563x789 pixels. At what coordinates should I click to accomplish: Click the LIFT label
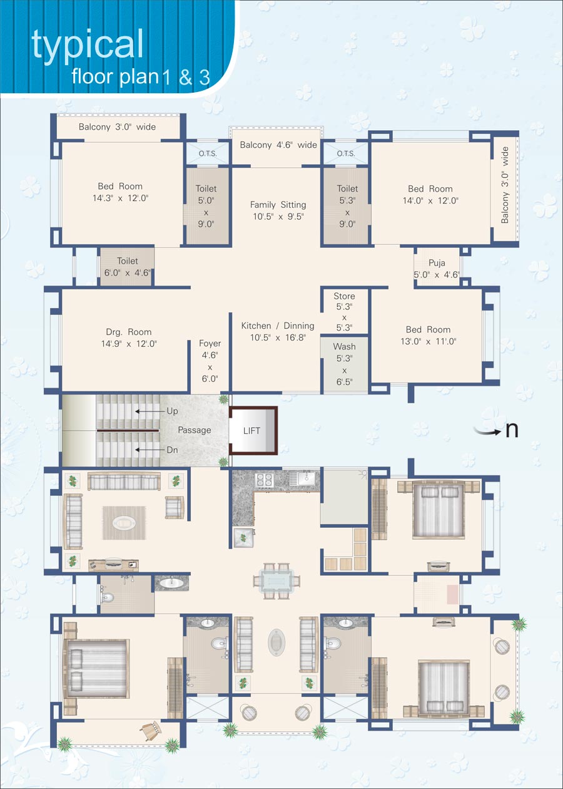251,430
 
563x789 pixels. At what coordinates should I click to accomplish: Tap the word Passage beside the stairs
194,430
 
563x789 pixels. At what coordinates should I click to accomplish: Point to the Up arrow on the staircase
151,411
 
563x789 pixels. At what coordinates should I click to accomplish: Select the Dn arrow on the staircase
151,450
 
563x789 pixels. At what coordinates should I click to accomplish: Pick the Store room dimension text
344,317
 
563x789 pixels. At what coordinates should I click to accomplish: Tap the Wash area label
344,347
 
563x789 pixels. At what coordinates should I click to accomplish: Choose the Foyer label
210,343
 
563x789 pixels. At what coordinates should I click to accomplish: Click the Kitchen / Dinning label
278,326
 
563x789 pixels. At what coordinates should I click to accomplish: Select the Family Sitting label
278,205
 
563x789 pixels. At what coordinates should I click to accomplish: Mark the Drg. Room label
129,332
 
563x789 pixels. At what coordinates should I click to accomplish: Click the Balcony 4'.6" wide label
278,145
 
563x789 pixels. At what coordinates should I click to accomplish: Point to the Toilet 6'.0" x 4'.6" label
128,267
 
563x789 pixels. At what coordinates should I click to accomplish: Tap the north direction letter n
512,430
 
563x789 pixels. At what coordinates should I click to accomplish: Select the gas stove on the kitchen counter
265,480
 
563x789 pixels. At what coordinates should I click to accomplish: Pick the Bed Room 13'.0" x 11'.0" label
429,336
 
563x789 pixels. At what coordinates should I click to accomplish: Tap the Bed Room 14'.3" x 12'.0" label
120,192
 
